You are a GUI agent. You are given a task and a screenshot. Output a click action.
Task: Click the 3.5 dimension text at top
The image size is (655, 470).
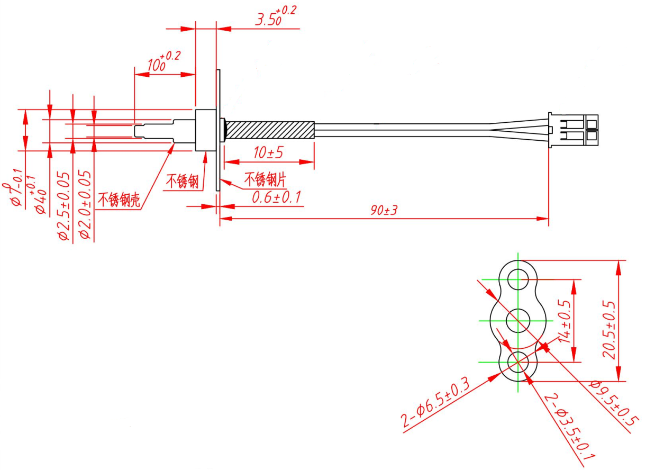[x=269, y=20]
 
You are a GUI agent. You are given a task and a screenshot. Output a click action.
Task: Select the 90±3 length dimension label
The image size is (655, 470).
[x=384, y=210]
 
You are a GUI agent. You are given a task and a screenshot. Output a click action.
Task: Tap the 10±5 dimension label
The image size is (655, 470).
[x=268, y=153]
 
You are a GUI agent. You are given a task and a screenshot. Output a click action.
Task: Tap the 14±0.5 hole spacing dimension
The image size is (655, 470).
[x=565, y=320]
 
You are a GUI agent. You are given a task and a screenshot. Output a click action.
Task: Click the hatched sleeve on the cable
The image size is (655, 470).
[x=270, y=130]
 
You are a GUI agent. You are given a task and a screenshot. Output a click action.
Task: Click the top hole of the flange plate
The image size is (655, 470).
[x=518, y=278]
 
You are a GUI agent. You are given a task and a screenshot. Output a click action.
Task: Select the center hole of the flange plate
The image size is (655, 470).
[x=518, y=320]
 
